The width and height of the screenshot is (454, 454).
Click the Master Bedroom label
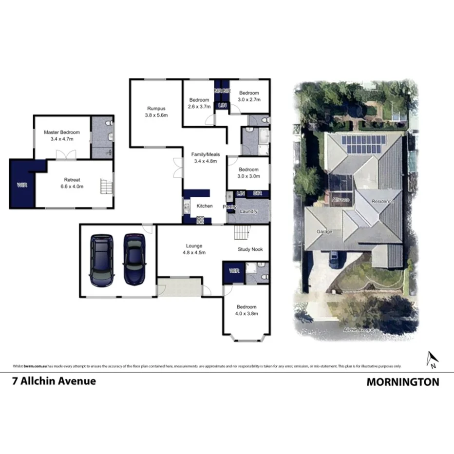[x=61, y=132]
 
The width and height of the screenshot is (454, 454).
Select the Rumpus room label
[x=156, y=109]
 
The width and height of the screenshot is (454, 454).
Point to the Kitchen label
[x=204, y=206]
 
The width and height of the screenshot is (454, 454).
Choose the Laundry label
[x=248, y=211]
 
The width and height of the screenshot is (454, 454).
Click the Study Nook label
[x=250, y=249]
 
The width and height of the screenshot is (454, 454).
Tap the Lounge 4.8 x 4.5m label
[x=194, y=249]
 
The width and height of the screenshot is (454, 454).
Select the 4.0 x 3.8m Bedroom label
[x=246, y=310]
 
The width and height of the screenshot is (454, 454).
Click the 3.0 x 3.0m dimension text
[x=248, y=176]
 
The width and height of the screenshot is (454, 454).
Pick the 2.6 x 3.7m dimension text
[x=199, y=106]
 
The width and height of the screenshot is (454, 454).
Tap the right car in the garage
[x=134, y=259]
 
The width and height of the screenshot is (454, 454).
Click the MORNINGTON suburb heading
[x=402, y=382]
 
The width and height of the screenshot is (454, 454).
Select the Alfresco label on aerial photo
[x=340, y=200]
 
